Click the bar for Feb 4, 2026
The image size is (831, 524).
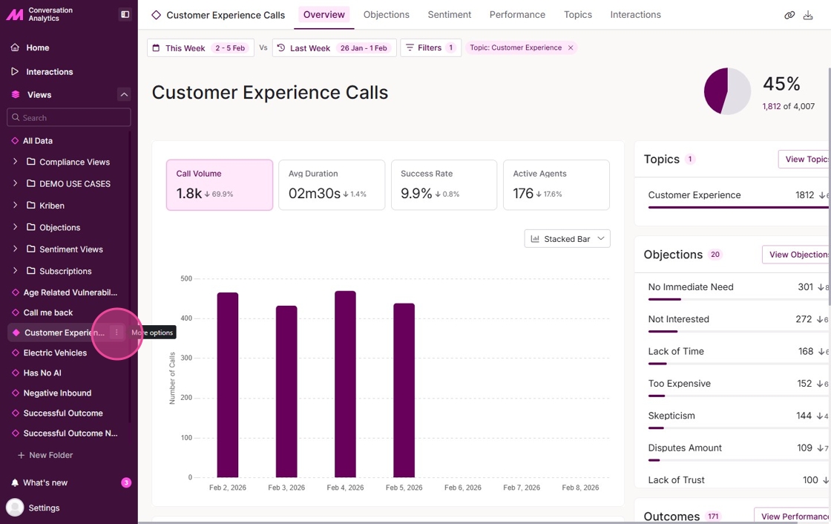345,384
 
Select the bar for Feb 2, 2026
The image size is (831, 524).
228,384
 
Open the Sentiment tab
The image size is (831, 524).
450,15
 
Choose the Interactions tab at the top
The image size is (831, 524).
635,15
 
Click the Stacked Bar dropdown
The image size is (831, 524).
567,239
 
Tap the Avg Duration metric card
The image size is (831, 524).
332,185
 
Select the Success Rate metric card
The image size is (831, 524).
444,185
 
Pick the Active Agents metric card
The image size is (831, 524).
556,185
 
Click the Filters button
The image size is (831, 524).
430,48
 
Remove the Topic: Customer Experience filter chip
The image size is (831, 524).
571,48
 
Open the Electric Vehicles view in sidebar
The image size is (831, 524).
55,353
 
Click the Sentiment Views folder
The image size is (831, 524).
70,249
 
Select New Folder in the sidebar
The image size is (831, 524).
50,455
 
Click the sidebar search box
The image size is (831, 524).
69,117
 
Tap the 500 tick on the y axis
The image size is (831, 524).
185,279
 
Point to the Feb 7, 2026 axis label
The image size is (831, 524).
522,488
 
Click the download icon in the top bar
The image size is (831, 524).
808,15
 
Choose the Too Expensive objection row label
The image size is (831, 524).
679,384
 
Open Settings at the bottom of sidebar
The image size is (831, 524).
44,508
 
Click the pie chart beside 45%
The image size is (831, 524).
727,91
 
